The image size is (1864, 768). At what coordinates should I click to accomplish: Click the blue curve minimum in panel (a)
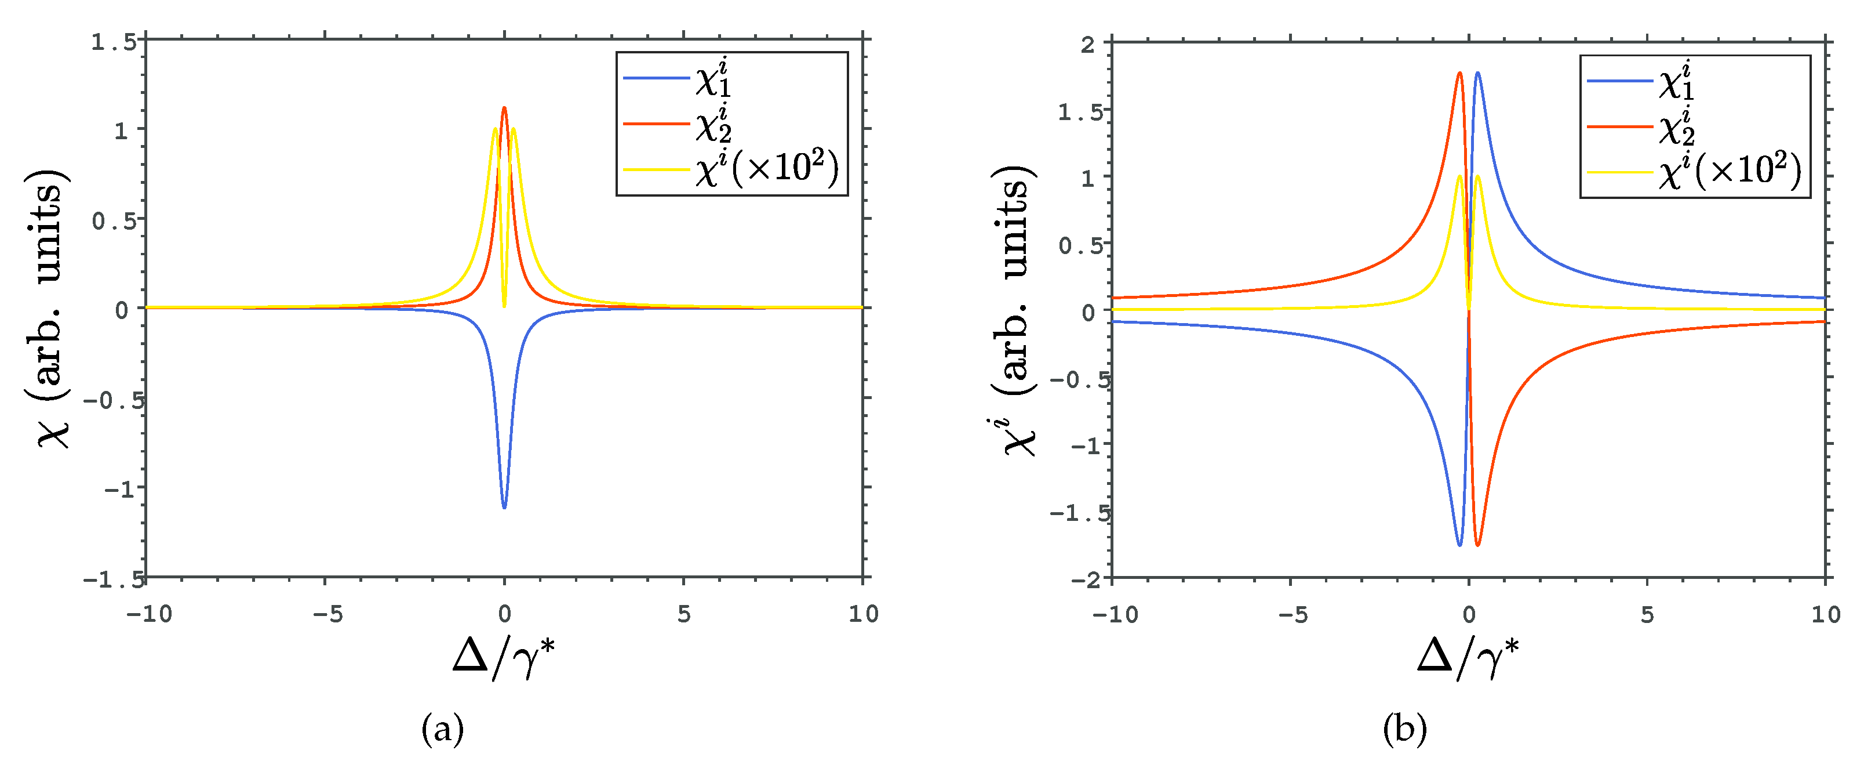coord(504,507)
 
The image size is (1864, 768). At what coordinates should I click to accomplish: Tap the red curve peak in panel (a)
coord(504,108)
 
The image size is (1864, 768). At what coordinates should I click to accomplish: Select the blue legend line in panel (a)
coord(656,78)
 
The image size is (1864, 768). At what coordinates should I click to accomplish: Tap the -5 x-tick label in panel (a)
coord(327,614)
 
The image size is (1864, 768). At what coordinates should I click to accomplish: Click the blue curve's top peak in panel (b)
coord(1477,73)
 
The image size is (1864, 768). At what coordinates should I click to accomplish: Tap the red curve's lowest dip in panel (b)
coord(1477,545)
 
